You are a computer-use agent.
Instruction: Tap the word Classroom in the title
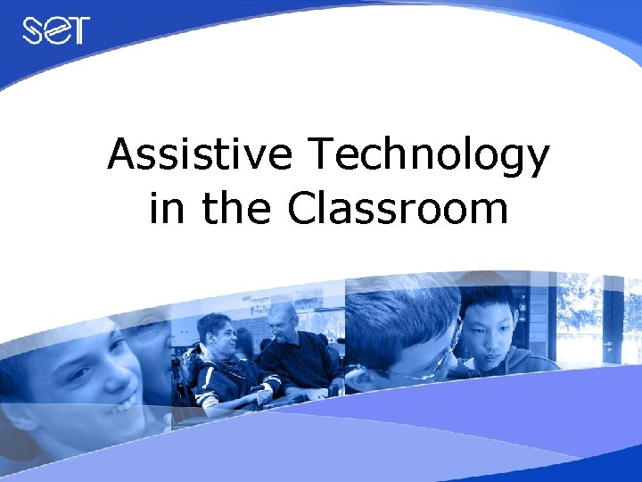398,209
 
